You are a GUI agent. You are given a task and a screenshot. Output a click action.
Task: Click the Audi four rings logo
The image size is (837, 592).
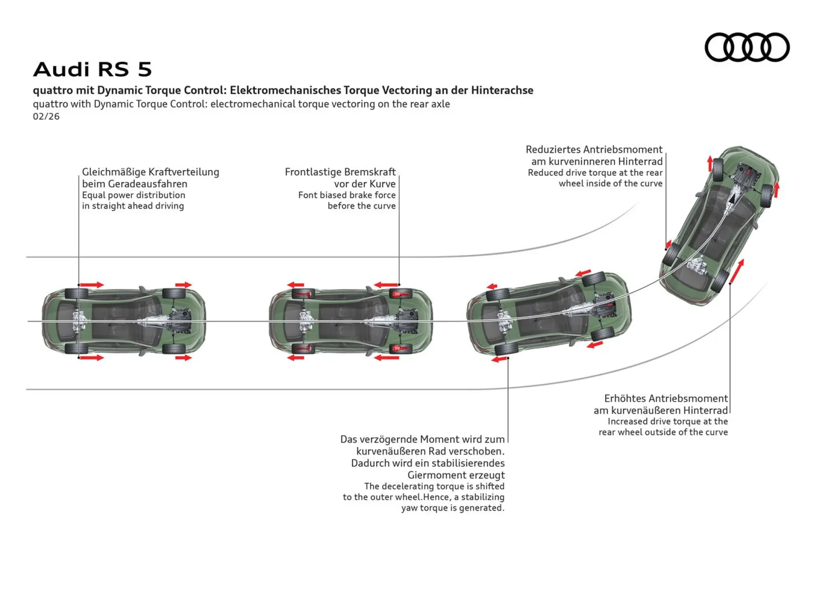747,47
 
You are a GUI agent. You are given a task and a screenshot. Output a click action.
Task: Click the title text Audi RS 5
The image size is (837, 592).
92,69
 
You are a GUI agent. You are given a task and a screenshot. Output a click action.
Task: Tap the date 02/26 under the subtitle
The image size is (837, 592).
46,116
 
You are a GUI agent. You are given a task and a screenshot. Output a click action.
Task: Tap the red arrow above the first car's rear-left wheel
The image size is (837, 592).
92,285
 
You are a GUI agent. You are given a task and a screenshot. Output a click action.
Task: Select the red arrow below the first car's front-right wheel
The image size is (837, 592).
183,358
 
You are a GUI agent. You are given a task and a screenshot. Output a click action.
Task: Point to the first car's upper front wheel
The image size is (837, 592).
174,293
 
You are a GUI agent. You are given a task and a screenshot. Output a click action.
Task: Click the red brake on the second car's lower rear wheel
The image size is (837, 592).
303,348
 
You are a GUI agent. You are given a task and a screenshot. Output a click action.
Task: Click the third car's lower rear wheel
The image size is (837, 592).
506,349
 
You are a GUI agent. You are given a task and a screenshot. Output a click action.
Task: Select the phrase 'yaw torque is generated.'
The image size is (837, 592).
453,508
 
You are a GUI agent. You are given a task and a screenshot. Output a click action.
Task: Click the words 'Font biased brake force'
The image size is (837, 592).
347,195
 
